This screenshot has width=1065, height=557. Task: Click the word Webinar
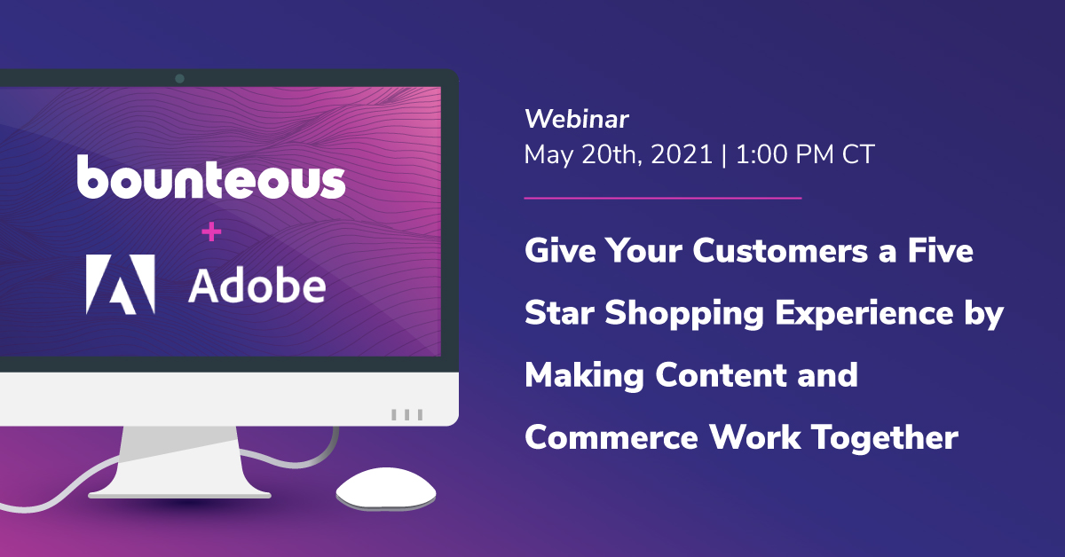tap(577, 119)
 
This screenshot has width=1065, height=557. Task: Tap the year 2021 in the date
tap(682, 154)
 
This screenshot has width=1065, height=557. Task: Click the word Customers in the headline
tap(780, 250)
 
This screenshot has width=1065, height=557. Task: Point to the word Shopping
tap(683, 314)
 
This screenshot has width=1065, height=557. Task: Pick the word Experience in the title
tap(864, 314)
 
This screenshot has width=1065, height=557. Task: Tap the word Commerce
tap(611, 438)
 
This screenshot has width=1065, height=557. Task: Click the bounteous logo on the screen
tap(211, 177)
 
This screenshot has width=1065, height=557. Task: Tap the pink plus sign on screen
tap(211, 231)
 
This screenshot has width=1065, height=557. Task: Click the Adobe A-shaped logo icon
tap(121, 284)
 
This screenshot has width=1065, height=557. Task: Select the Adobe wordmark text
tap(257, 285)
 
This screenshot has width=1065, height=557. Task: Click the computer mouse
tap(386, 489)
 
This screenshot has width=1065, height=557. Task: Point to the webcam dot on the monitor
tap(179, 78)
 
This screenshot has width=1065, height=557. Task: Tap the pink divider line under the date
tap(663, 198)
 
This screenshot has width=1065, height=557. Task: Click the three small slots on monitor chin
tap(407, 414)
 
